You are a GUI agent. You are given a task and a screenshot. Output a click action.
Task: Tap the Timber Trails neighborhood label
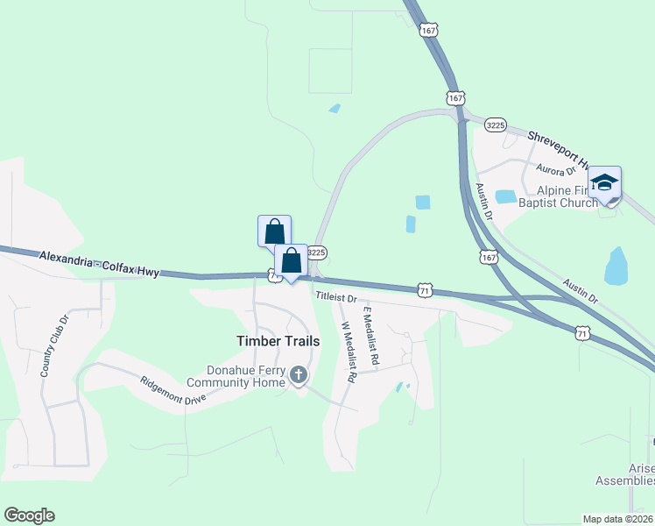(278, 340)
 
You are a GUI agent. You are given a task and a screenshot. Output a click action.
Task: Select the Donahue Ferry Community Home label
(234, 376)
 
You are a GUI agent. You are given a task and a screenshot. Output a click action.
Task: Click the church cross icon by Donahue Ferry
(299, 375)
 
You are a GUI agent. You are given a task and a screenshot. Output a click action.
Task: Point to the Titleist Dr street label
(337, 298)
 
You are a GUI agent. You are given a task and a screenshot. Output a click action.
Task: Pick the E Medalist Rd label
(371, 336)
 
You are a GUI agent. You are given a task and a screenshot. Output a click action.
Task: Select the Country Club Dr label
(53, 346)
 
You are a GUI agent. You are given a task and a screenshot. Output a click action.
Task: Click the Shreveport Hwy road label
(559, 149)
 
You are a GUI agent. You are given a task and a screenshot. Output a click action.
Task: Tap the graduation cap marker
(604, 183)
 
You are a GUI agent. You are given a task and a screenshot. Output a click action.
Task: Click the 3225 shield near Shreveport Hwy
(496, 125)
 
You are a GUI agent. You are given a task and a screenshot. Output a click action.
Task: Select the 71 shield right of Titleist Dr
(425, 289)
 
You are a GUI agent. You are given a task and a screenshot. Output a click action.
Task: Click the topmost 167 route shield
(428, 31)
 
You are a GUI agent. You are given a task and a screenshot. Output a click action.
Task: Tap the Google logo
(29, 515)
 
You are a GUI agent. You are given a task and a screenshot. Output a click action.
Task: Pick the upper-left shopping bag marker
(274, 232)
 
